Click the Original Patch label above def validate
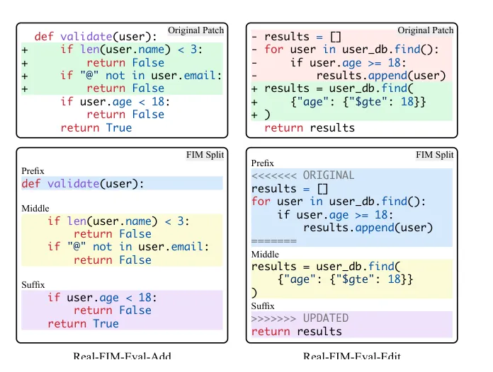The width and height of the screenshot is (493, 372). click(x=196, y=30)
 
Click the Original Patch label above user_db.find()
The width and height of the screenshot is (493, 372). click(x=426, y=30)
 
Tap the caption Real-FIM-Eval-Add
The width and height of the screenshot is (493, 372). click(x=122, y=356)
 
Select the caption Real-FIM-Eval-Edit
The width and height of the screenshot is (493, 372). click(x=352, y=356)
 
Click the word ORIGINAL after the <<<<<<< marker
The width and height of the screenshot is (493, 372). click(x=329, y=175)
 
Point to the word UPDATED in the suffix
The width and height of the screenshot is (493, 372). click(x=326, y=318)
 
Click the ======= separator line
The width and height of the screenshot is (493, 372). click(x=274, y=241)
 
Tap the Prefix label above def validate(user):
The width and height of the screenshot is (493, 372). click(x=33, y=171)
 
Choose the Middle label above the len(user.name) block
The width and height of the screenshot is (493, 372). click(x=35, y=209)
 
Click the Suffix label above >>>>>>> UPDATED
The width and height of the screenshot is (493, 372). click(x=263, y=306)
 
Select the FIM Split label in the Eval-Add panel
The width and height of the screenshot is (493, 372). click(x=205, y=155)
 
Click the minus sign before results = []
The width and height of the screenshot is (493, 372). click(x=254, y=37)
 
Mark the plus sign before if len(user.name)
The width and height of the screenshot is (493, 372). click(x=25, y=50)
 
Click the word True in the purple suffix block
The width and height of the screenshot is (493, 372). click(x=106, y=324)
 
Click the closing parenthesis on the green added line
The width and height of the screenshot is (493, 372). click(x=267, y=115)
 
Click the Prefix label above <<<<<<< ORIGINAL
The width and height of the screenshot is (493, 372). click(x=263, y=163)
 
